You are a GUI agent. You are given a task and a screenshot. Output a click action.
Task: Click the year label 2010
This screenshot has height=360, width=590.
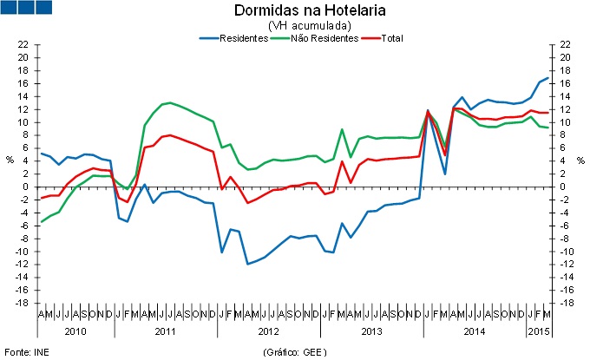(75, 331)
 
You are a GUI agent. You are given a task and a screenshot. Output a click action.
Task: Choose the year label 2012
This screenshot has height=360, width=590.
(269, 331)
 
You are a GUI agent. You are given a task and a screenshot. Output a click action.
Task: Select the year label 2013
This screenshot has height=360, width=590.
(371, 331)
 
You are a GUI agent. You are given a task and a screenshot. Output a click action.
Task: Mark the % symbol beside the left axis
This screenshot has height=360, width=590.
(10, 160)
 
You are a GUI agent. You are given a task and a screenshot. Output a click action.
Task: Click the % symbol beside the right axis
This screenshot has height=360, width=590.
(580, 160)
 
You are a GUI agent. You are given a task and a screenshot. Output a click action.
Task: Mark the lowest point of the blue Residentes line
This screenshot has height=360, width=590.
(247, 264)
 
